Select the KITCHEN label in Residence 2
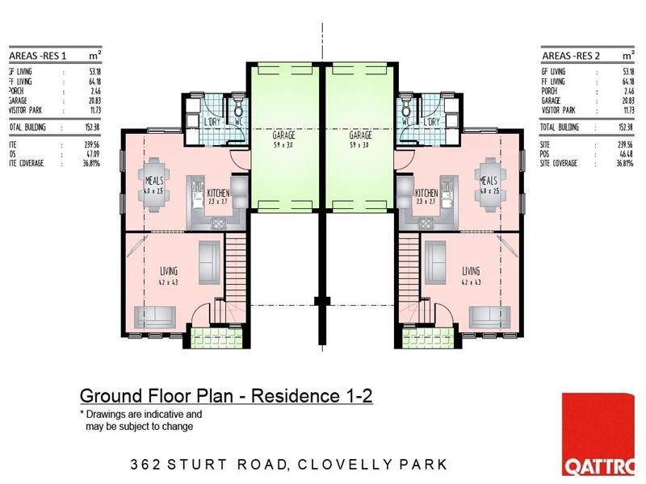pyautogui.click(x=426, y=194)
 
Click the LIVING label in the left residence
pyautogui.click(x=168, y=271)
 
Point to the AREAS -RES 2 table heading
pyautogui.click(x=572, y=56)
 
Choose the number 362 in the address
pyautogui.click(x=146, y=465)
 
